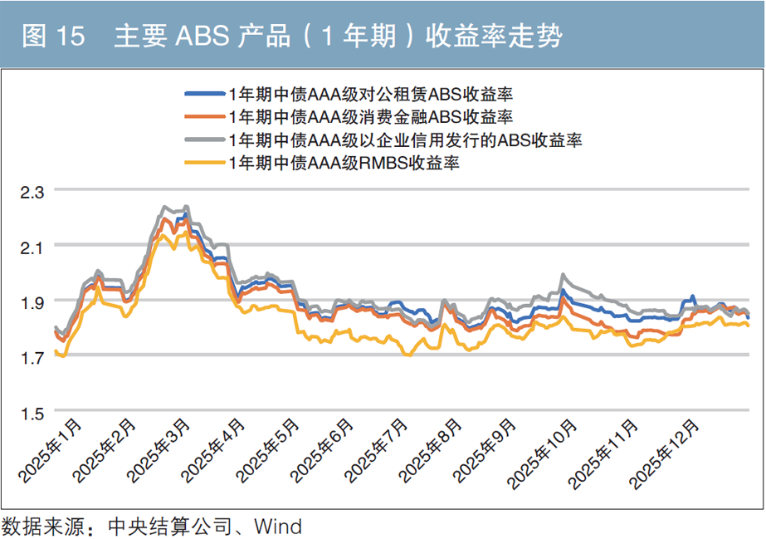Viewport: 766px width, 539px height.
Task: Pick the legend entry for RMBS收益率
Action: coord(344,164)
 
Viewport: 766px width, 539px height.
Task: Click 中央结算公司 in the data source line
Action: coord(168,526)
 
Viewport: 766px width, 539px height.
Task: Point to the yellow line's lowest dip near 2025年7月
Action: coord(407,355)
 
